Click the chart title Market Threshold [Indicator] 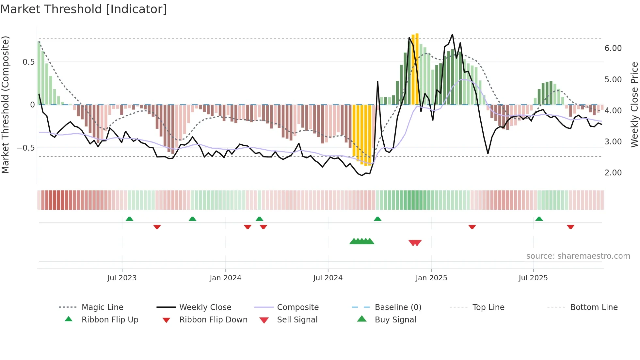pos(84,9)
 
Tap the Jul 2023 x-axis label pos(122,278)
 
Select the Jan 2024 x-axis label pos(225,278)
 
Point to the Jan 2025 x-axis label pos(431,278)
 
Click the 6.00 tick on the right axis pos(613,48)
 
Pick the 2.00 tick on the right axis pos(613,173)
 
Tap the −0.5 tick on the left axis pos(25,148)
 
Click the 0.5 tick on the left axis pos(28,62)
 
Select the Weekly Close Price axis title pos(634,105)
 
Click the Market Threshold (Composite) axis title pos(5,105)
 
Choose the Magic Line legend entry pos(102,307)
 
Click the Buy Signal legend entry pos(395,320)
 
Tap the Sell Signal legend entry pos(297,320)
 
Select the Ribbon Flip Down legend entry pos(213,320)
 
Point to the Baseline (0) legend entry pos(398,307)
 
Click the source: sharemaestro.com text pos(578,256)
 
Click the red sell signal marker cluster pos(415,243)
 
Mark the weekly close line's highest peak pos(452,34)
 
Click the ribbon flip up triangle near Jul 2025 pos(539,219)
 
